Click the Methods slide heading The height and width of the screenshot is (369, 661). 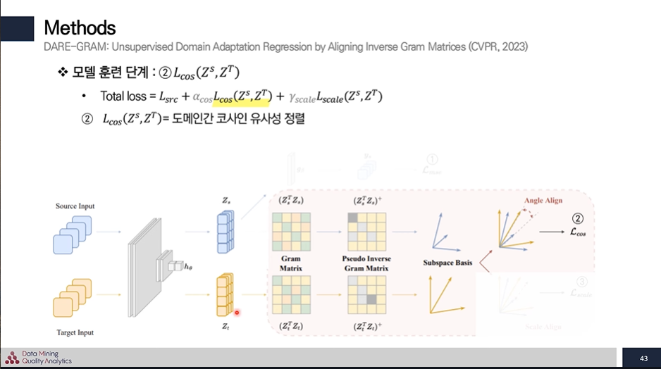(80, 27)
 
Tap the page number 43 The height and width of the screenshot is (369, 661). (643, 358)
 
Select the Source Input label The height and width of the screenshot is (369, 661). (75, 206)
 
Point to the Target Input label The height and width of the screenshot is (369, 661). (74, 332)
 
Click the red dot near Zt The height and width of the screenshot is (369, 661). (237, 313)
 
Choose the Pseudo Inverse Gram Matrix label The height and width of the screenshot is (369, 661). (366, 263)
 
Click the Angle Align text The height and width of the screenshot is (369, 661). (543, 201)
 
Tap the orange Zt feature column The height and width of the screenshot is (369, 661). (225, 295)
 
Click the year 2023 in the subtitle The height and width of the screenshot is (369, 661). (513, 46)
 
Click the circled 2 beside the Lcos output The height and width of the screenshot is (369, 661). (577, 218)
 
